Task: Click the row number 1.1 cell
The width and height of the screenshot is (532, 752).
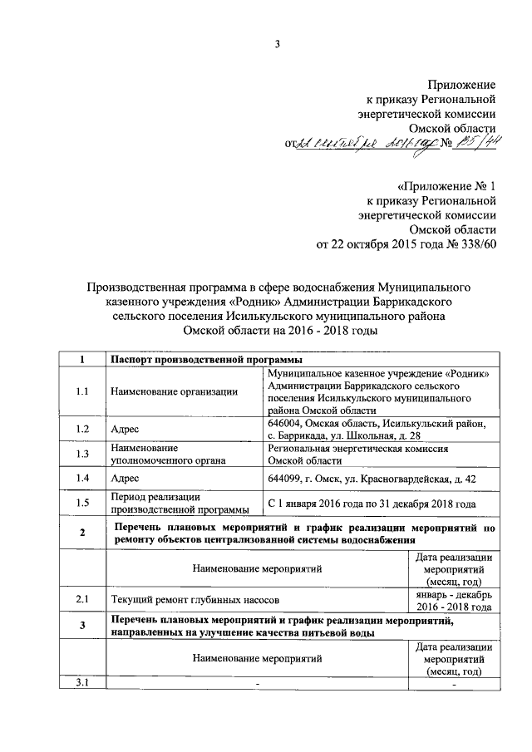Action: point(81,392)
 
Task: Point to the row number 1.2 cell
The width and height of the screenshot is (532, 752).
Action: point(81,430)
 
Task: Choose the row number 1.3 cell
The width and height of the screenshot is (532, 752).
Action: point(81,454)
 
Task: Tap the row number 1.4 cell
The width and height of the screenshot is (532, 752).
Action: point(81,479)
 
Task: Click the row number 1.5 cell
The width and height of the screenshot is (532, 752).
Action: point(81,504)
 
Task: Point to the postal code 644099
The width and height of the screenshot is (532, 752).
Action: point(287,479)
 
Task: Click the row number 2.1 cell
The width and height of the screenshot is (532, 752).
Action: point(81,599)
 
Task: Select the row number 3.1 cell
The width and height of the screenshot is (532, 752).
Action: point(81,683)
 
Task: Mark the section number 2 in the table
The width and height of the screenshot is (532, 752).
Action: point(81,533)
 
